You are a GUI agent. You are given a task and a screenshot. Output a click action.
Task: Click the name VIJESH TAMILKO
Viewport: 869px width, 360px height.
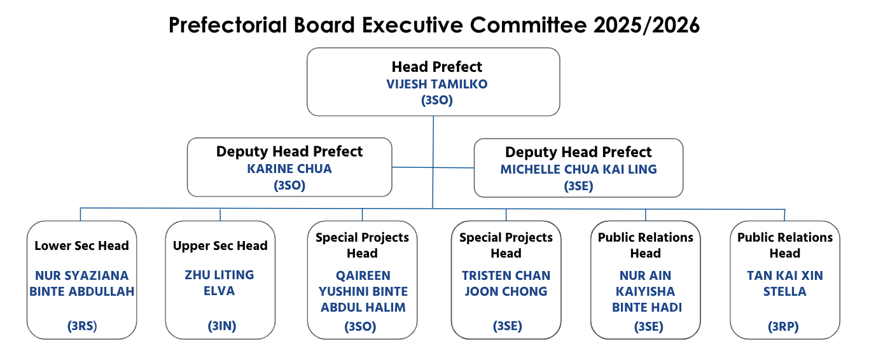tap(437, 84)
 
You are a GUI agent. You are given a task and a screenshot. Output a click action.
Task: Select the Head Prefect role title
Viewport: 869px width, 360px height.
tap(437, 67)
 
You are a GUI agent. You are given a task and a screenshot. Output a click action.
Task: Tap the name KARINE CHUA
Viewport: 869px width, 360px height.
tap(289, 169)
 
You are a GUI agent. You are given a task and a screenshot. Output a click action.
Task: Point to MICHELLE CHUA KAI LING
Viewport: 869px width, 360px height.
tap(578, 170)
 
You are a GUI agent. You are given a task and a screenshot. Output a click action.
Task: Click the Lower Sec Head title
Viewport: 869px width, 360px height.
tap(81, 246)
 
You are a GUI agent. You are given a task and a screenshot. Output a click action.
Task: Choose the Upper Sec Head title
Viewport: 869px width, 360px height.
tap(220, 246)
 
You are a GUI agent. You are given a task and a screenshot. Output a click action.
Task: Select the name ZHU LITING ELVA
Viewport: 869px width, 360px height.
tap(219, 283)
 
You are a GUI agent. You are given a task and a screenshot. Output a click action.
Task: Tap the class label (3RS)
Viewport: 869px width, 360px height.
tap(82, 326)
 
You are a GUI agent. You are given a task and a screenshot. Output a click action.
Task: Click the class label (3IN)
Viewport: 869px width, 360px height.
tap(222, 326)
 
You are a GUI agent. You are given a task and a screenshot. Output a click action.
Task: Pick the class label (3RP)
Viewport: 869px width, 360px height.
tap(783, 327)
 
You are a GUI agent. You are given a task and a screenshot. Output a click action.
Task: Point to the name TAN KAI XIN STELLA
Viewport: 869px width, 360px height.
tap(785, 284)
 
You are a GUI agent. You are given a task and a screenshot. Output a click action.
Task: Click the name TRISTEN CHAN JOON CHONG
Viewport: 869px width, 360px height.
tap(506, 284)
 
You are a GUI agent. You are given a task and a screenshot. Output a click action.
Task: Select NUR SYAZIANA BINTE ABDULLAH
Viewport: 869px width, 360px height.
tap(82, 284)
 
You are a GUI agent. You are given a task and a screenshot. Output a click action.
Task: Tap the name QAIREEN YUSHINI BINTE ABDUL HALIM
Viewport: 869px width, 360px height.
tap(363, 291)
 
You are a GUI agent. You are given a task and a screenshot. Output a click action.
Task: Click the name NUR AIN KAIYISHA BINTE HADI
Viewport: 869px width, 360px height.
tap(646, 291)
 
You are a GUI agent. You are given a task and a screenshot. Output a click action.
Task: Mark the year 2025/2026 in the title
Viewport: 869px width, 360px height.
tap(646, 25)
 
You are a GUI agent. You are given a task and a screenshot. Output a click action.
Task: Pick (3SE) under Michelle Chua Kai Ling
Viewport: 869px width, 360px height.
tap(578, 186)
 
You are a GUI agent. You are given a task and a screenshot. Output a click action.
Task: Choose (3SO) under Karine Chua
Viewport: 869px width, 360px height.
tap(289, 186)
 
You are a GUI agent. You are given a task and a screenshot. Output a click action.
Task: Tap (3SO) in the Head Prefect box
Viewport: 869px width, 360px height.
tap(437, 100)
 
